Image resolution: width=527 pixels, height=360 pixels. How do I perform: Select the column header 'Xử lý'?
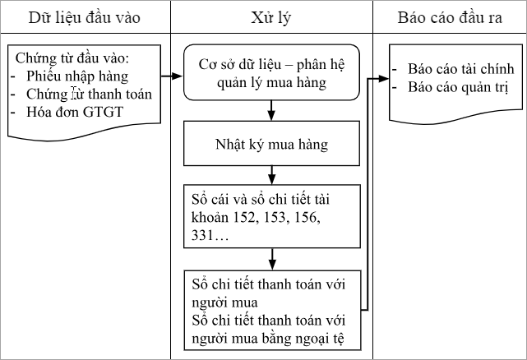click(271, 16)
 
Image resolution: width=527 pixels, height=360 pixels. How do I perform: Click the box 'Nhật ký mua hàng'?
click(270, 145)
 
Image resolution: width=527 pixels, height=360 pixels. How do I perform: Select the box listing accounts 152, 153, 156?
click(270, 216)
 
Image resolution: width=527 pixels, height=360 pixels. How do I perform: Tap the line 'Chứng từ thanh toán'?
click(81, 94)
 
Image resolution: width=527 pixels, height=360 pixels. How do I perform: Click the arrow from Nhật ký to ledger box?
click(270, 174)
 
